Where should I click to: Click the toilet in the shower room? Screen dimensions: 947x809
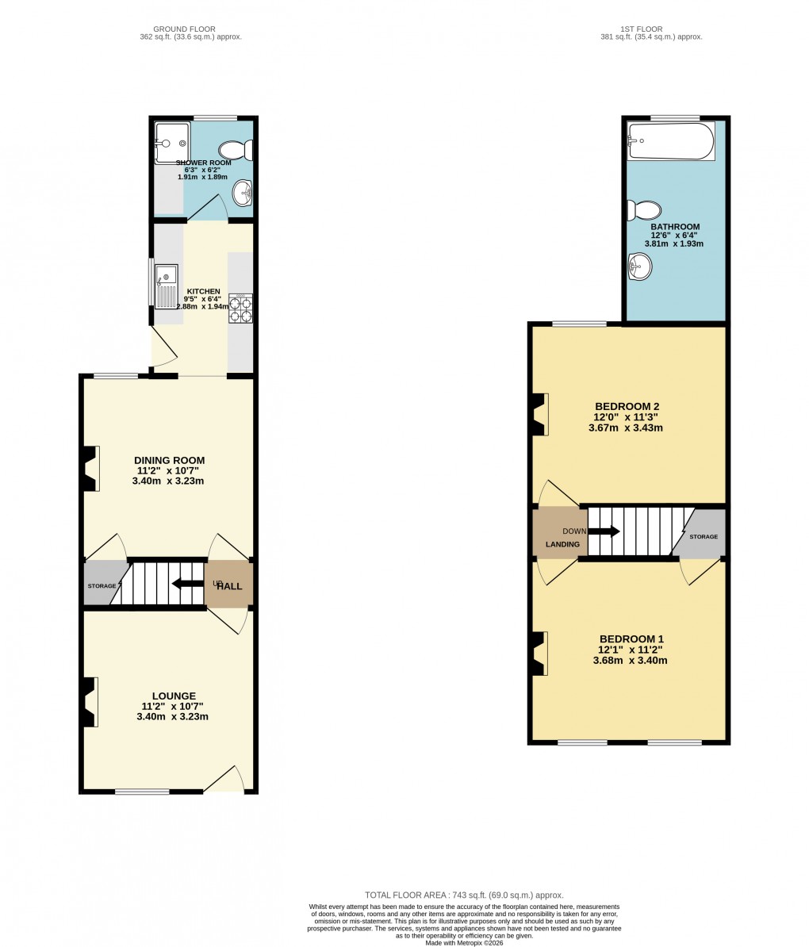[236, 150]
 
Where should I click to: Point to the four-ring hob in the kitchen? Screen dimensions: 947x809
[240, 309]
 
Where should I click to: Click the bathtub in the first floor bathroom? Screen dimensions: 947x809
[670, 141]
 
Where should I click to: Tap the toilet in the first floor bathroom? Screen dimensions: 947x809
[645, 210]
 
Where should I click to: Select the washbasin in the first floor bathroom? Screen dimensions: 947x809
[639, 266]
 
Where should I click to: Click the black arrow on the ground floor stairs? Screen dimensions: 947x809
[187, 584]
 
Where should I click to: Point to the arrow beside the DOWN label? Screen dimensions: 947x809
[604, 531]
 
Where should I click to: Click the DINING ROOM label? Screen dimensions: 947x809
[169, 460]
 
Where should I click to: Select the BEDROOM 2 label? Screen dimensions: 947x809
[626, 406]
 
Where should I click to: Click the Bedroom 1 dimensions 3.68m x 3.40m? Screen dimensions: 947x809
[630, 660]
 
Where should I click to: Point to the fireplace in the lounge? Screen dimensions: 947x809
[90, 701]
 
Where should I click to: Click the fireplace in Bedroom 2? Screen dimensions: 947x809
[539, 414]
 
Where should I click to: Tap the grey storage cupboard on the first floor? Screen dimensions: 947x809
[702, 535]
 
